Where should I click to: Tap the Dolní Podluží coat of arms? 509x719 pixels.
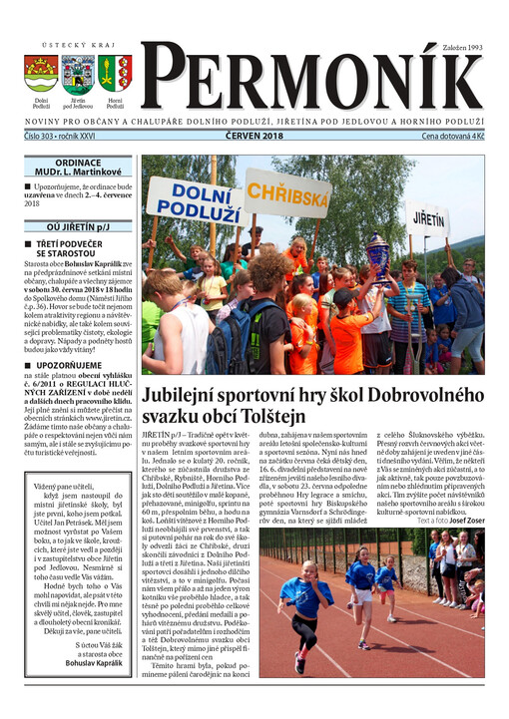[40, 73]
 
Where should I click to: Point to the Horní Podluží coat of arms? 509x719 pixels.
[115, 73]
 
